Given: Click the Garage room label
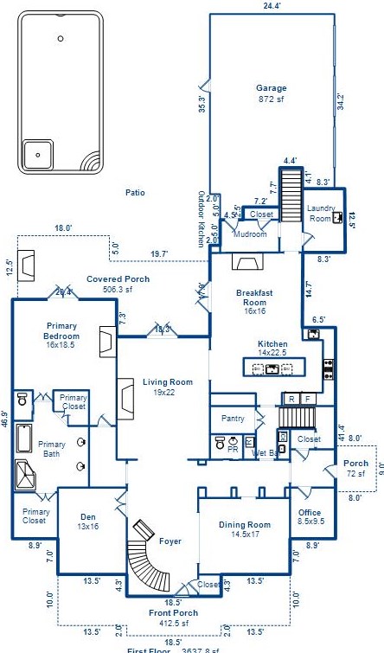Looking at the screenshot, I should coord(271,88).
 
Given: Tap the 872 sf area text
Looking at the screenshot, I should coord(271,99).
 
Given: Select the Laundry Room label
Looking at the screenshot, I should coord(320,214).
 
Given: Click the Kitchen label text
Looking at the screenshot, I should coord(272,344).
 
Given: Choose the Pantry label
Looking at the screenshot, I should coord(233,419).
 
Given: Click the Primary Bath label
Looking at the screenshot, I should coord(52,449).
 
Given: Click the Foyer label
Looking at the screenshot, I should coord(170,541).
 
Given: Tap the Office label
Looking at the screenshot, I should coord(310,518).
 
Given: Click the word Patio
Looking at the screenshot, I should coord(134,192).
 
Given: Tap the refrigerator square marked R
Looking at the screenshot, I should coord(291,399).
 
